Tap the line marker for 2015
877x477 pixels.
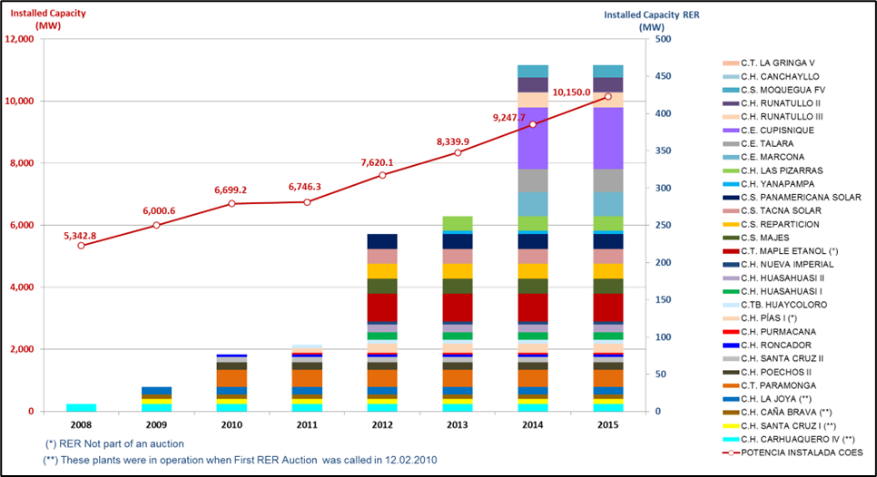pyautogui.click(x=607, y=97)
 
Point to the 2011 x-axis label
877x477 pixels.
pyautogui.click(x=307, y=423)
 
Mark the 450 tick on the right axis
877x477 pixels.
pyautogui.click(x=664, y=77)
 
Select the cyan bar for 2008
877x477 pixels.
pyautogui.click(x=81, y=407)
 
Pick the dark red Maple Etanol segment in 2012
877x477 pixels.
pyautogui.click(x=382, y=307)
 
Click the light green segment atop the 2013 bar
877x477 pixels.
pyautogui.click(x=458, y=223)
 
